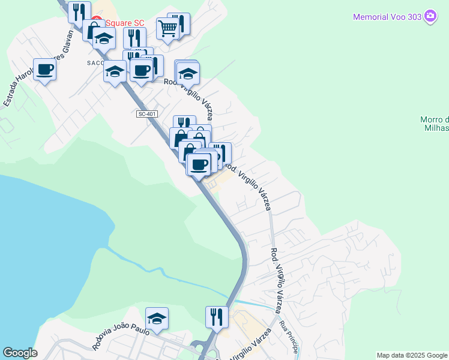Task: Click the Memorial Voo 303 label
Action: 387,17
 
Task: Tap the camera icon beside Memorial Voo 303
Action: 430,16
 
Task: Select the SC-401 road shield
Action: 146,114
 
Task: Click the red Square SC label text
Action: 125,23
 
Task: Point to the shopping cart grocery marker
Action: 167,27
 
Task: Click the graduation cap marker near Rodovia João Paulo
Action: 157,319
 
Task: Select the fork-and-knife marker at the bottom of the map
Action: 217,317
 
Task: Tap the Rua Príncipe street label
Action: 289,338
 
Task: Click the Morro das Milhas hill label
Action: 435,123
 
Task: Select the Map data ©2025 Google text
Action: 412,355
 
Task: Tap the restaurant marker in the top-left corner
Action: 79,12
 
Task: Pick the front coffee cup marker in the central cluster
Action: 199,164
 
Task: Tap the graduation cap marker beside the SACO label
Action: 114,71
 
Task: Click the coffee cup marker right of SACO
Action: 141,71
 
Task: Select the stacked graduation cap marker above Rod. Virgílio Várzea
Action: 188,74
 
